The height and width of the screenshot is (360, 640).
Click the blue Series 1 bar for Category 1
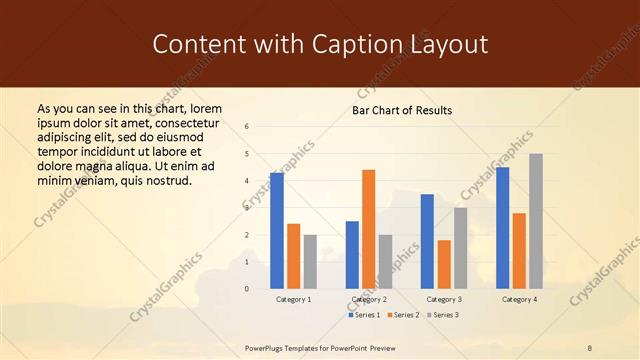click(277, 231)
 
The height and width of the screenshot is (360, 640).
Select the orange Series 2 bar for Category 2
click(368, 229)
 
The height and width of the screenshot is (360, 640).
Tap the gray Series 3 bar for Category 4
click(536, 221)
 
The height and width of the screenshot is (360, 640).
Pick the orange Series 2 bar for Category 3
click(444, 264)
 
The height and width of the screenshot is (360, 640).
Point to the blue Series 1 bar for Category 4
click(502, 228)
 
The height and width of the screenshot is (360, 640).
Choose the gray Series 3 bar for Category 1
click(310, 262)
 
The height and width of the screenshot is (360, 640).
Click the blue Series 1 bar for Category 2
click(352, 255)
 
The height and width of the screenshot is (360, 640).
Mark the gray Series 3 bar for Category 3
click(460, 248)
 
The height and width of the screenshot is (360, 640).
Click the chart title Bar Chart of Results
click(402, 110)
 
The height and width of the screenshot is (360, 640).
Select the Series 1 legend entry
click(365, 315)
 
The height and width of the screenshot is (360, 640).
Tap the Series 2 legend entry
click(403, 315)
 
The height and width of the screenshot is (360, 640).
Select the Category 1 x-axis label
click(293, 299)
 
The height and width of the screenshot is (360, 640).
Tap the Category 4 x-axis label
click(519, 299)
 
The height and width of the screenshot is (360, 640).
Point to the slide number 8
click(589, 347)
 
